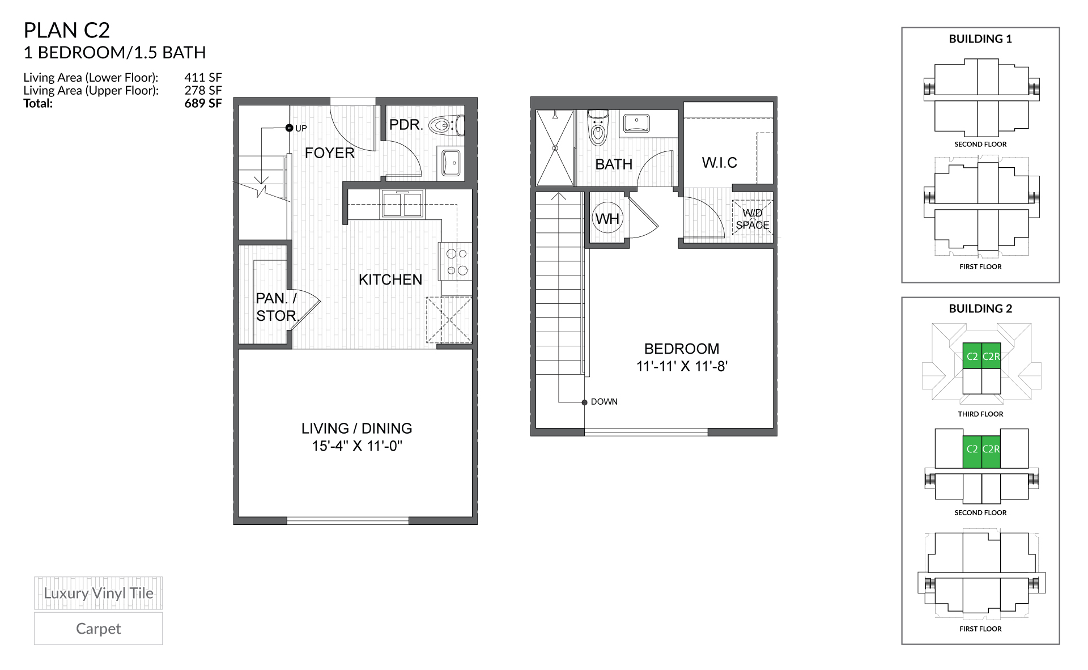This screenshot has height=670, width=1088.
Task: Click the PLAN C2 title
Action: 66,30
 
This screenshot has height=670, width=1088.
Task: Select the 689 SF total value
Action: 202,103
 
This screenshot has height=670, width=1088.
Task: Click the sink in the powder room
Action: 452,163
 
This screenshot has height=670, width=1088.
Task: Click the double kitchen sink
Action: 402,204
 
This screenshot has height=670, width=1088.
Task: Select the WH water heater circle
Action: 607,218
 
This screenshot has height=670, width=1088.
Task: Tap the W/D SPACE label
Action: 753,219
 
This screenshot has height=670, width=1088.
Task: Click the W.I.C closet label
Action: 719,163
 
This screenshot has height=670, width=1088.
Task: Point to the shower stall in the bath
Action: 555,148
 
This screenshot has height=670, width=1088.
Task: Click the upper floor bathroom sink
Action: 636,122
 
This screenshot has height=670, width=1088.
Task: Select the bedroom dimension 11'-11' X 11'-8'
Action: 681,366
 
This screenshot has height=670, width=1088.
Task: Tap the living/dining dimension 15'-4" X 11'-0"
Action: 356,446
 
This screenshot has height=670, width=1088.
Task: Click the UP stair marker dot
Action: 289,128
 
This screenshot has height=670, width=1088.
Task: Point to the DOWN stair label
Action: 603,401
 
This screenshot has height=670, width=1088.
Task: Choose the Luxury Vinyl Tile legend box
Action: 98,593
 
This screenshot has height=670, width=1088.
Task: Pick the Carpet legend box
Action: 98,628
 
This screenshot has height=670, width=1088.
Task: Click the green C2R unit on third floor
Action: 991,357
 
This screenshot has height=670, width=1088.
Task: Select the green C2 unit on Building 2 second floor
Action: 972,449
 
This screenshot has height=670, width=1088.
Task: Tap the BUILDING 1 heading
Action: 980,39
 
